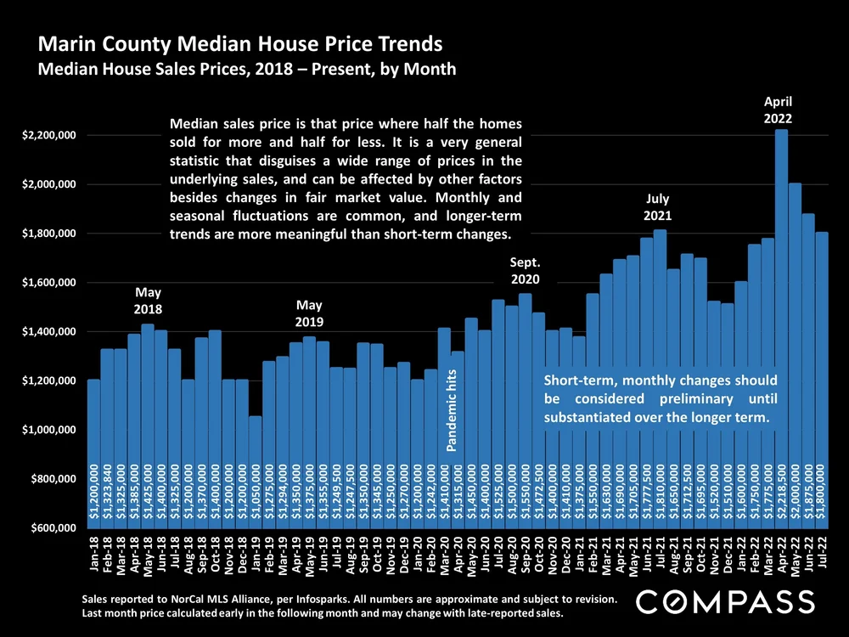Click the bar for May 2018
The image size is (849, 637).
(148, 425)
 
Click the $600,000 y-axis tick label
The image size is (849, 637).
(50, 528)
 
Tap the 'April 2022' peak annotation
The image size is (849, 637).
(781, 108)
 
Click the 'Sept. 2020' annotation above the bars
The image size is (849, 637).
(525, 270)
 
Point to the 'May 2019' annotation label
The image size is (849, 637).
(309, 313)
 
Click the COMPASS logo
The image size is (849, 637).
(726, 602)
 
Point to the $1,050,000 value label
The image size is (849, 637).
(256, 493)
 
